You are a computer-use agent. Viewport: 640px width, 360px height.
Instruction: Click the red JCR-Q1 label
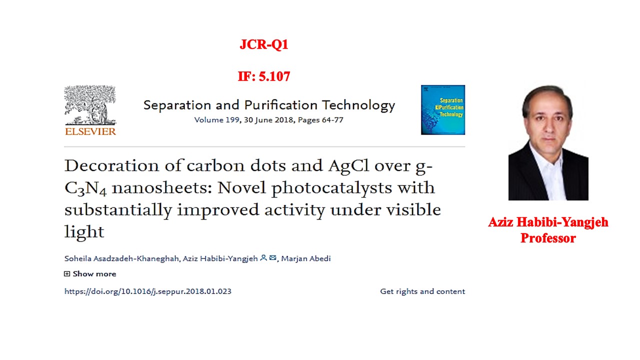pos(264,44)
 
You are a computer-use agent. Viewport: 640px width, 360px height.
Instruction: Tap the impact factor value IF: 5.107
pos(264,76)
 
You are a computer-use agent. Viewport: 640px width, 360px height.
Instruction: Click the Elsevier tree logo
pos(90,105)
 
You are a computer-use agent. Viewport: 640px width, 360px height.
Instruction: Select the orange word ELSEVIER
pos(90,131)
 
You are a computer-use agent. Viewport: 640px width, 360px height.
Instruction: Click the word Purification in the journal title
pos(280,105)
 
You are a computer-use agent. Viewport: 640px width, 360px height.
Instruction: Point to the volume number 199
pos(232,120)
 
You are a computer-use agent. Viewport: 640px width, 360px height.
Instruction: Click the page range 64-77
pos(332,120)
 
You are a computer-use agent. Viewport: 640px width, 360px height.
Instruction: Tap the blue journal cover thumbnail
pos(443,110)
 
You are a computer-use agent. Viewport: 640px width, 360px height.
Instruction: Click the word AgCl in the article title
pos(348,165)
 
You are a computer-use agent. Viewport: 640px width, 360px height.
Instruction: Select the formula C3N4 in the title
pos(85,188)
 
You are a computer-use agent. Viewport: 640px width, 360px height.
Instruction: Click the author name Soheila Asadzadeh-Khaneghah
pos(121,259)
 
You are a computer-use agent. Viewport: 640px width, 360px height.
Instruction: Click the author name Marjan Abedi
pos(306,258)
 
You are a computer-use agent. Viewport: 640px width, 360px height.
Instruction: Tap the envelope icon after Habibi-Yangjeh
pos(273,257)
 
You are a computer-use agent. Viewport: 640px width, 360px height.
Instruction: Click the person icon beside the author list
pos(263,257)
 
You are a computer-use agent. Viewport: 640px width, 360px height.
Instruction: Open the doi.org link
pos(147,291)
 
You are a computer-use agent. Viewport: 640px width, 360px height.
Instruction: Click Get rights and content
pos(422,291)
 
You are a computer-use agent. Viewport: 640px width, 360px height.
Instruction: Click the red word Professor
pos(548,238)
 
